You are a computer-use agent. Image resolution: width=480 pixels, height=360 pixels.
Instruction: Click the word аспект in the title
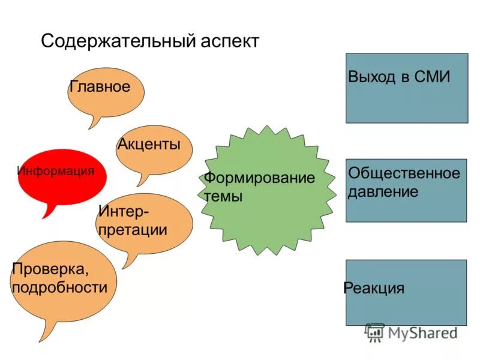tap(230, 41)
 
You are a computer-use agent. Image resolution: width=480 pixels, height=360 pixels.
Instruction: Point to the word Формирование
tap(259, 178)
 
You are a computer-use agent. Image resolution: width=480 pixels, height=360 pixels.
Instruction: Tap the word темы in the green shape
tap(223, 196)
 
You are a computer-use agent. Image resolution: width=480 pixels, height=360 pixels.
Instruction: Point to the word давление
tap(383, 192)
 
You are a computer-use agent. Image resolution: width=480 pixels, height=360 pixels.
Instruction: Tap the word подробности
tap(59, 287)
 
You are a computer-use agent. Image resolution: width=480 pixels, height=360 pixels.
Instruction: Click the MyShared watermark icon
tap(375, 332)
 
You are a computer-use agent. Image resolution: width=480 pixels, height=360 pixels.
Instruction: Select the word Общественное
tap(404, 174)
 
